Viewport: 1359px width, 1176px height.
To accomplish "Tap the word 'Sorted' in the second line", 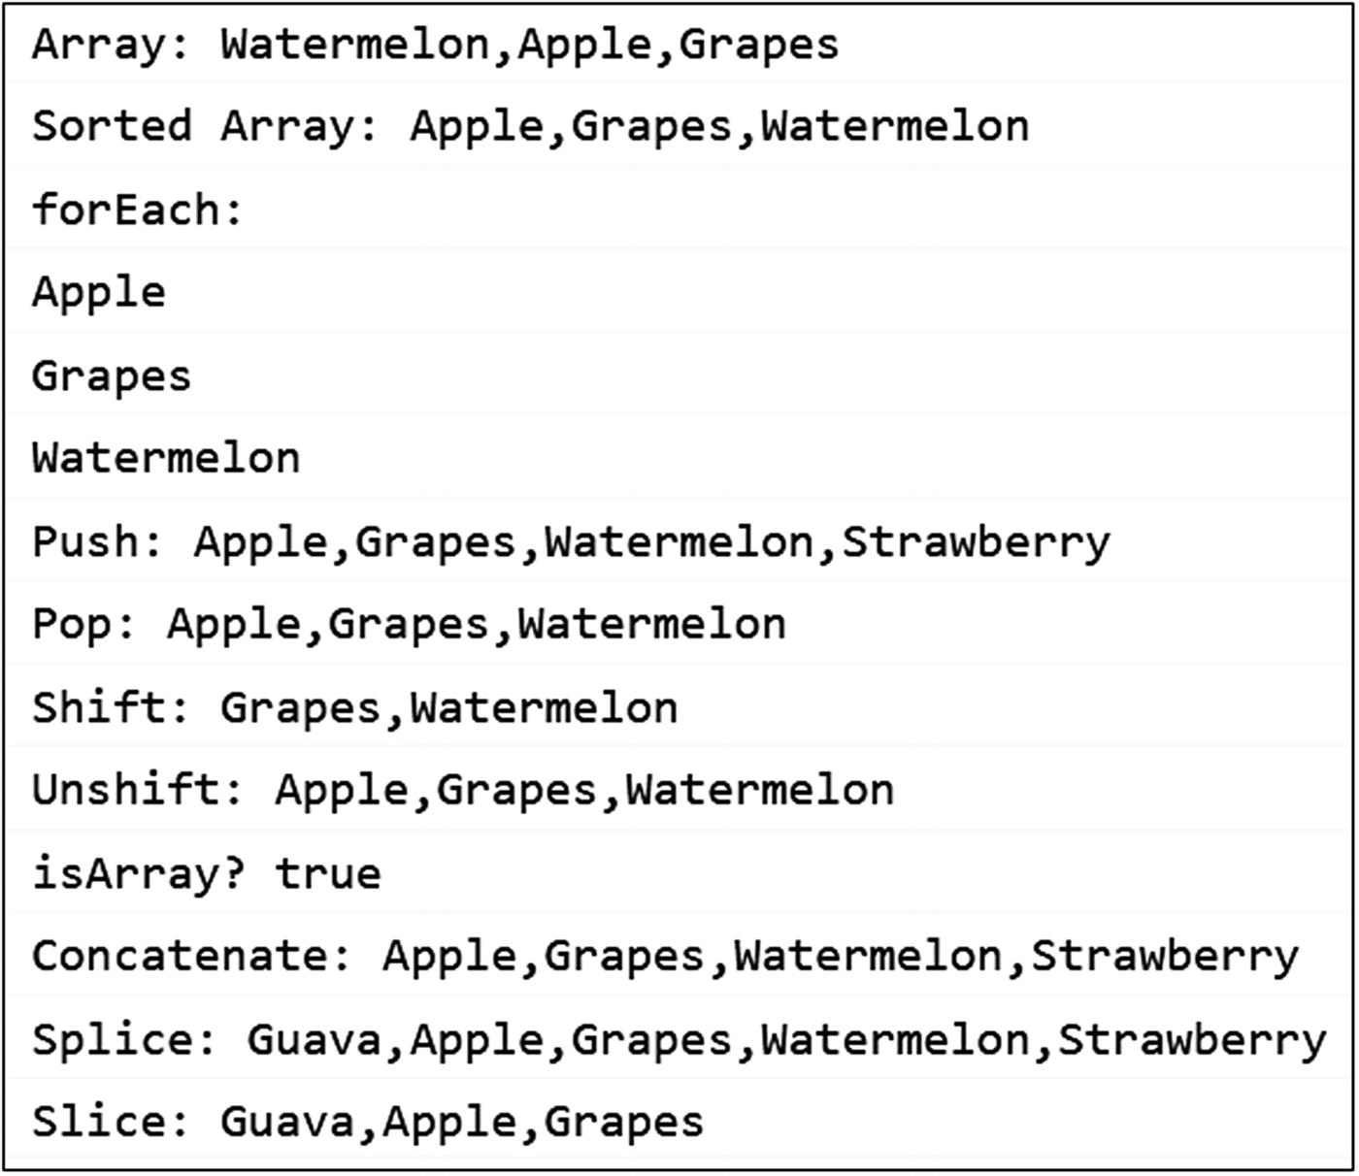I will point(112,127).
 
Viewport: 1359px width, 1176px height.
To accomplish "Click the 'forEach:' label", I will point(138,210).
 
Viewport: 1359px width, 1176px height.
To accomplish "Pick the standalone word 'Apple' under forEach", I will point(98,293).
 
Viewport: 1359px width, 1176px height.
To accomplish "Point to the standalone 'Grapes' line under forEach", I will point(112,376).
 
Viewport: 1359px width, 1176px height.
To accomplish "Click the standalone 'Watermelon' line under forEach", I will point(166,458).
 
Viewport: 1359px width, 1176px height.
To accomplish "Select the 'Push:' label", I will point(98,541).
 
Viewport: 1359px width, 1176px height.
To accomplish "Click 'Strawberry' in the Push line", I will point(976,541).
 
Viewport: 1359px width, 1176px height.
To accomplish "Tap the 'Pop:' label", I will point(84,624).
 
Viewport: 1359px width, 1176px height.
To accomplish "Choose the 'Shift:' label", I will point(112,707).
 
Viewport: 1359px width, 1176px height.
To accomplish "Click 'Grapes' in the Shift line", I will point(301,708).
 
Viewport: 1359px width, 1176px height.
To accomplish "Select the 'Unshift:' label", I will point(138,790).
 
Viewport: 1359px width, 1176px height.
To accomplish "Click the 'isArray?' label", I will point(138,873).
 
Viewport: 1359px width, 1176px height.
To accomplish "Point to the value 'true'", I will point(328,873).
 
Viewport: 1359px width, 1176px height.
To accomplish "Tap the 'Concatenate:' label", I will point(192,956).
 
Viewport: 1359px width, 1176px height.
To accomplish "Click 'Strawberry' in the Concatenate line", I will point(1165,956).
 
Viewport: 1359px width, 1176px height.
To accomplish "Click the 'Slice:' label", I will point(112,1122).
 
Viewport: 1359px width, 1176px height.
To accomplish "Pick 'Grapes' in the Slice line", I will point(623,1123).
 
